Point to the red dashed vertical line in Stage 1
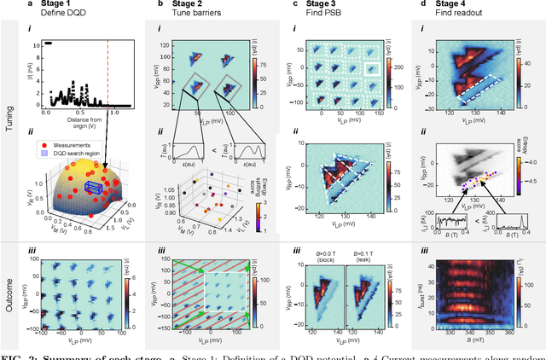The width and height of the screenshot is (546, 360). coord(108,77)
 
